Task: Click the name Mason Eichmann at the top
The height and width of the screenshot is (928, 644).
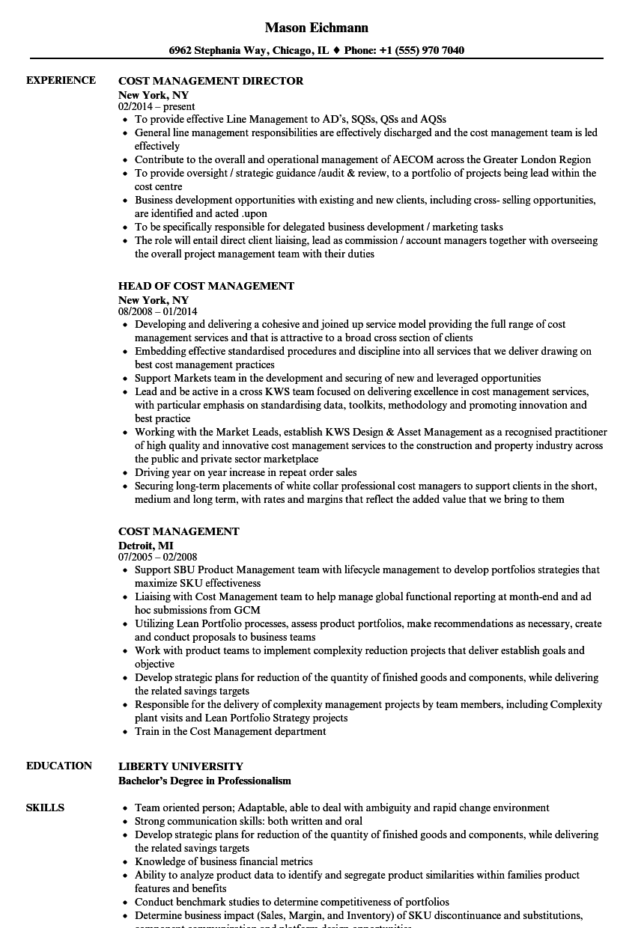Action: tap(316, 28)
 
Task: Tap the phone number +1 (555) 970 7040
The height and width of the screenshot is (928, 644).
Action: tap(422, 51)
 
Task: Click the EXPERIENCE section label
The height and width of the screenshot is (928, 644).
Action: tap(61, 80)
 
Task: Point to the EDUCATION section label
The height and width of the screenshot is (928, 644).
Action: tap(59, 766)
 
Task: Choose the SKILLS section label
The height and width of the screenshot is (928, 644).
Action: tap(45, 808)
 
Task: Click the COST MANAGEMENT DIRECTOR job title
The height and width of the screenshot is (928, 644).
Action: tap(210, 81)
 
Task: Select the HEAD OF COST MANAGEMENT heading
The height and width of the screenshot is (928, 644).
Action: tap(206, 286)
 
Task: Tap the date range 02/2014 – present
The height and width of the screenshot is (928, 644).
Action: tap(157, 106)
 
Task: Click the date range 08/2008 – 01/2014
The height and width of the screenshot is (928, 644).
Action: tap(158, 311)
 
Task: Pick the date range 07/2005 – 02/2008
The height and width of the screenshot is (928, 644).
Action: tap(158, 557)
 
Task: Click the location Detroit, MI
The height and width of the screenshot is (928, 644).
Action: tap(146, 545)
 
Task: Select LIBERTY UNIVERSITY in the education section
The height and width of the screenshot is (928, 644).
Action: tap(180, 766)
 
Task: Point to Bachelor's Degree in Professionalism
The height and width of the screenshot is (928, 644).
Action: tap(204, 780)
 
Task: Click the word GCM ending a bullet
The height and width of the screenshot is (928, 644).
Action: tap(247, 610)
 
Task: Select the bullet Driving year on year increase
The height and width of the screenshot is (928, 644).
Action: tap(246, 472)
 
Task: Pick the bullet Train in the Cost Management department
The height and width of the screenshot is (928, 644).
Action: tap(230, 731)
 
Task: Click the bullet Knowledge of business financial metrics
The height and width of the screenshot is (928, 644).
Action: tap(223, 861)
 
